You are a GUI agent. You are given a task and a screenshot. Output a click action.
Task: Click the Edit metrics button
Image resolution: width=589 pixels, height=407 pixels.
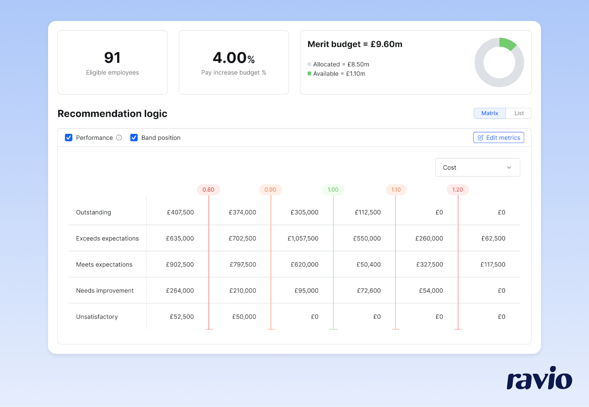click(498, 138)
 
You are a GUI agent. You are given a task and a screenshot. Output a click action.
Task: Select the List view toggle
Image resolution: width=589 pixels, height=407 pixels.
click(519, 113)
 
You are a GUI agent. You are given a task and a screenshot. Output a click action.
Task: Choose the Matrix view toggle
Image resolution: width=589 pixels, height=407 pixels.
click(489, 113)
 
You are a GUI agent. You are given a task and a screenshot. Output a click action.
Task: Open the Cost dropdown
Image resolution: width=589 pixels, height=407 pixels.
click(477, 167)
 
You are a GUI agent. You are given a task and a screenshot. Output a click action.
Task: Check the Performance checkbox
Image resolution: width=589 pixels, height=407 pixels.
click(69, 138)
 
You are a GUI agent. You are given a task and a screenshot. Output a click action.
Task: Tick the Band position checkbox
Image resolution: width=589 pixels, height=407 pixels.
click(134, 138)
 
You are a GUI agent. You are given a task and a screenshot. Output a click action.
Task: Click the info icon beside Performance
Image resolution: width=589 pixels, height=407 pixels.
click(119, 138)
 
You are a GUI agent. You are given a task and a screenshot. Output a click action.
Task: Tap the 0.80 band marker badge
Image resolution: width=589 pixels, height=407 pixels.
click(208, 190)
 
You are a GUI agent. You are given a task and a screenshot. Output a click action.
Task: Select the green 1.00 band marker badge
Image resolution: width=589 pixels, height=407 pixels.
click(333, 190)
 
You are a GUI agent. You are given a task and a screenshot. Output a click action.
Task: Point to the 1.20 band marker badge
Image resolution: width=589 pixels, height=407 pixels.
click(457, 190)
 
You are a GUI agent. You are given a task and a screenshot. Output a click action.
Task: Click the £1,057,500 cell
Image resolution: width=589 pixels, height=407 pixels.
click(303, 238)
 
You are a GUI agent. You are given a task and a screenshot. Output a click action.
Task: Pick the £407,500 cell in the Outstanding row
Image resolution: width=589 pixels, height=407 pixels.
click(180, 212)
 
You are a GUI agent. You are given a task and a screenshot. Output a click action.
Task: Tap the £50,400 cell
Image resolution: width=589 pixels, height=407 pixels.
click(368, 265)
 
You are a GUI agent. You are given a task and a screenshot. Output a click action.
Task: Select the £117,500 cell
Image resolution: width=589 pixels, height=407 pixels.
click(493, 265)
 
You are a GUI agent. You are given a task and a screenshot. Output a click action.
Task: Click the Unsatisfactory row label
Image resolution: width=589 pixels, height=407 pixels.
click(97, 317)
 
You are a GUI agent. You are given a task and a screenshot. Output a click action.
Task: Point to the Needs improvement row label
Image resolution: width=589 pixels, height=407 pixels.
click(105, 291)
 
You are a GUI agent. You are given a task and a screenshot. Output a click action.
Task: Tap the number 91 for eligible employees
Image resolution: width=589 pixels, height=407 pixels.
click(112, 57)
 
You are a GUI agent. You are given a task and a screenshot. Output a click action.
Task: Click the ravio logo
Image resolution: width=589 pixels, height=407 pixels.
click(539, 378)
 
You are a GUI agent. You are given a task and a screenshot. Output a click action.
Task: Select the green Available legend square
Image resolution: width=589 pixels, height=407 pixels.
click(309, 74)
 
